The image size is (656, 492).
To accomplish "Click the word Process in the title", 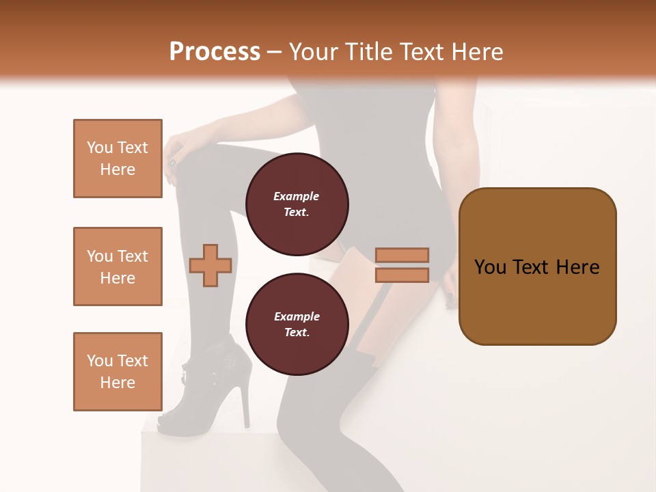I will [215, 52].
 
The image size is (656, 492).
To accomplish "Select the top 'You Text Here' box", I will [118, 159].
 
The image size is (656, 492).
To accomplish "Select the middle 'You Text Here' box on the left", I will [118, 266].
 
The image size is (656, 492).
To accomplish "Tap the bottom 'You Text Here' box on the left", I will [118, 372].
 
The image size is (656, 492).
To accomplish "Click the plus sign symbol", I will [210, 264].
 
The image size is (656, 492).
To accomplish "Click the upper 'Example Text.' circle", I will [297, 204].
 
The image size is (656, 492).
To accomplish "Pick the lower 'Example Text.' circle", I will [297, 325].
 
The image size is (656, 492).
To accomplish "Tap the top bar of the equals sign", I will [402, 256].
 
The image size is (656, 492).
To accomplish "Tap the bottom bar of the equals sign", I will [402, 275].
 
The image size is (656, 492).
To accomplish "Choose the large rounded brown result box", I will [537, 266].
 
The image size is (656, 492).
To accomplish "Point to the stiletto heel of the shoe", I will [245, 403].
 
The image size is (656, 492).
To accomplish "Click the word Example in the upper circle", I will [297, 196].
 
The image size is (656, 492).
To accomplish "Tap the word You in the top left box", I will [100, 148].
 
